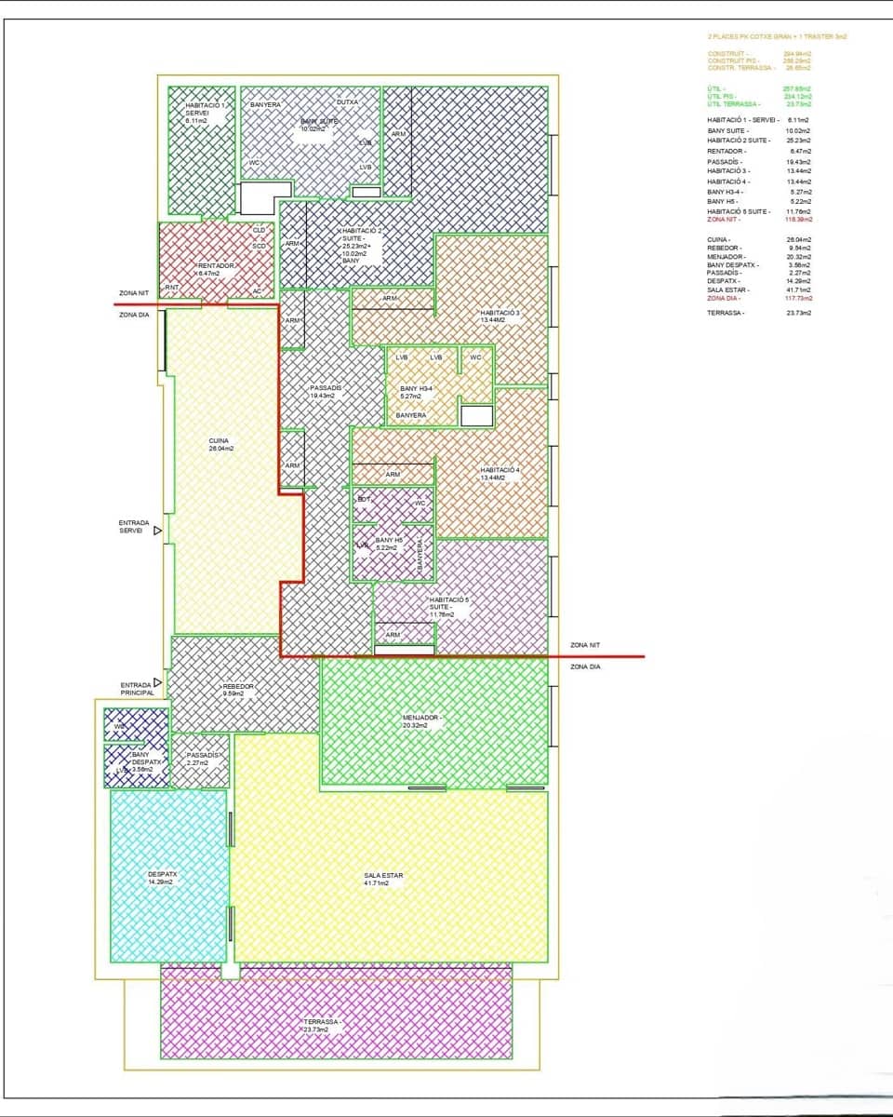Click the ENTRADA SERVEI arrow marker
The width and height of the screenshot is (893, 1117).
point(157,531)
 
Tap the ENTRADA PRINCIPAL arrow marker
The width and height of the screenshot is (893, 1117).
point(157,682)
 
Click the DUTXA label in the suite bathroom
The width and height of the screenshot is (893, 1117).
point(347,101)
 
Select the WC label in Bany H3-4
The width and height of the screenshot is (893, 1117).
point(475,357)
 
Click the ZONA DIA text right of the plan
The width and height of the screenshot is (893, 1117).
point(585,666)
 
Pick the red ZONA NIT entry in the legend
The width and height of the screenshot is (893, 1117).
point(723,220)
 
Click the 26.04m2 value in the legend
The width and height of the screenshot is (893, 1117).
point(797,239)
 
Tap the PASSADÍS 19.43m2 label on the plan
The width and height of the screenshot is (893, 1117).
point(327,391)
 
